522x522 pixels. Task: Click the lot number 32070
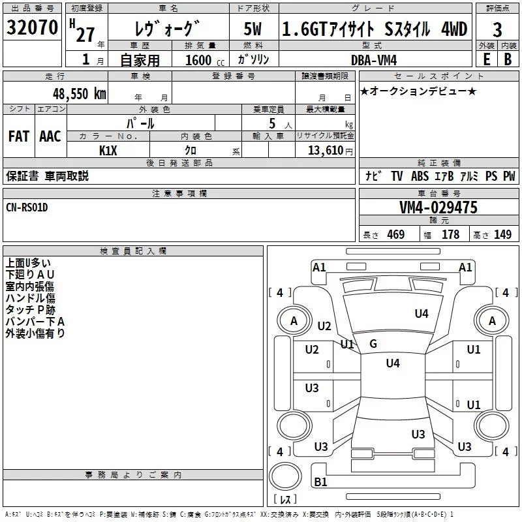pos(32,27)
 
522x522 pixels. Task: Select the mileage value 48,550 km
pos(80,93)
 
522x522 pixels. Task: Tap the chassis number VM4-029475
pos(438,207)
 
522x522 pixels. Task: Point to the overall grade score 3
pos(497,30)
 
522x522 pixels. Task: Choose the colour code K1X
pos(108,149)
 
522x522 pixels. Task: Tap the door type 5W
pos(253,30)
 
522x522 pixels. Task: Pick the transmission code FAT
pos(18,136)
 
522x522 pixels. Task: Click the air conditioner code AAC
pos(50,136)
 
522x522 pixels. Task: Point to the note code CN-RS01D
pos(27,207)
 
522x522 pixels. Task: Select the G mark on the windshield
pos(373,344)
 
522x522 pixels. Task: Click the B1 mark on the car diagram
pos(320,482)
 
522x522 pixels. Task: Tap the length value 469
pos(395,235)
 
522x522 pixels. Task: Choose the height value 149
pos(502,235)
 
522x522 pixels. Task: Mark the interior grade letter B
pos(508,59)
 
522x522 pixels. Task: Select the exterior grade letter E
pos(486,59)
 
